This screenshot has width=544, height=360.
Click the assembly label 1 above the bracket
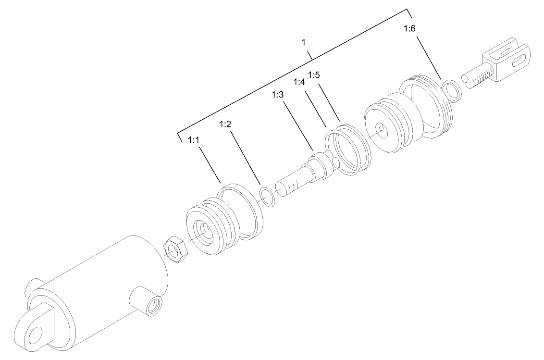pos(303,43)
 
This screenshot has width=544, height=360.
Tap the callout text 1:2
pos(225,124)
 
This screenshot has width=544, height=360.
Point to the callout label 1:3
pos(278,95)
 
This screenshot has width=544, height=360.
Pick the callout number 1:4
pos(299,82)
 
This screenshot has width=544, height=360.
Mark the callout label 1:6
pos(409,29)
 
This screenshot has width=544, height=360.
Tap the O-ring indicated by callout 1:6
pos(452,91)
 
